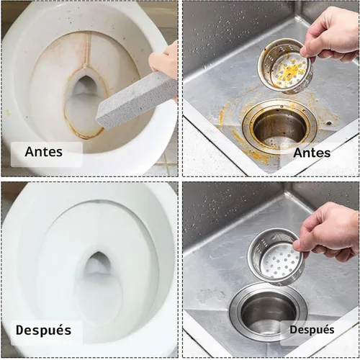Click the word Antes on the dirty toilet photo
[43, 152]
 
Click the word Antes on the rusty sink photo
[312, 153]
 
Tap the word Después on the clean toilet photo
[43, 330]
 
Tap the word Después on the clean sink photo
[312, 330]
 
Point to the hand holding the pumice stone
[164, 60]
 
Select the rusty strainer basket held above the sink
[286, 66]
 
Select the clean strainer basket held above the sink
[276, 257]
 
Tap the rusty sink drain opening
[279, 127]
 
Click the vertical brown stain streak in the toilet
[89, 52]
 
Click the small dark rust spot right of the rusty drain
[329, 123]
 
